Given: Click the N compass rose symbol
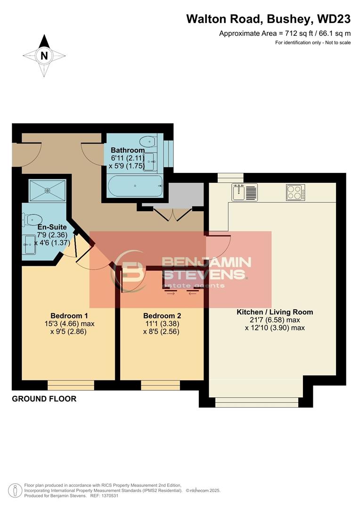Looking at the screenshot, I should click(x=44, y=56).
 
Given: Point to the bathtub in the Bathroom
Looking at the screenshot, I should click(x=135, y=186).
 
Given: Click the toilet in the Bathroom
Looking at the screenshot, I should click(x=148, y=140).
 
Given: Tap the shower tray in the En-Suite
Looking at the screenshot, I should click(x=48, y=190).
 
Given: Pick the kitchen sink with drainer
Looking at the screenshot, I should click(x=244, y=192).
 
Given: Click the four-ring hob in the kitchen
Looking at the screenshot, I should click(x=295, y=192).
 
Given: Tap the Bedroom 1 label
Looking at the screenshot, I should click(x=69, y=316).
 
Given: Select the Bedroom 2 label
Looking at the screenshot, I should click(x=162, y=316).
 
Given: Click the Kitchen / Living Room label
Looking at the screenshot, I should click(x=274, y=312).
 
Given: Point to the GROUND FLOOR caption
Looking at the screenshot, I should click(x=44, y=399).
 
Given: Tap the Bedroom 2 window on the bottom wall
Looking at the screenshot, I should click(x=160, y=385).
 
